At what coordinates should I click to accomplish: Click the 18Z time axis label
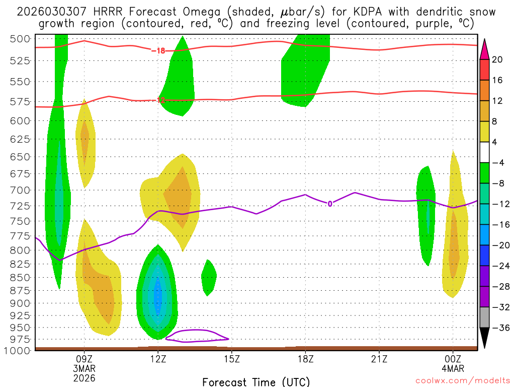pyautogui.click(x=305, y=359)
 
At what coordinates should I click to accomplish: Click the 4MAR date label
pyautogui.click(x=453, y=368)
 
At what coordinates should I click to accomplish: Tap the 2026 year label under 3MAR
pyautogui.click(x=84, y=377)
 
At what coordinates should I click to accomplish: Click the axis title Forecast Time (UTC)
pyautogui.click(x=256, y=382)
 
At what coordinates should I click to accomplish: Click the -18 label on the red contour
pyautogui.click(x=158, y=50)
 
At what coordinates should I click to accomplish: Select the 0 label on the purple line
pyautogui.click(x=330, y=204)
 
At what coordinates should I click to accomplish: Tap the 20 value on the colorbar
pyautogui.click(x=497, y=59)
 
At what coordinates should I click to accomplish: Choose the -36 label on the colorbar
pyautogui.click(x=499, y=328)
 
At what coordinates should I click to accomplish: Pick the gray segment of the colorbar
pyautogui.click(x=485, y=317)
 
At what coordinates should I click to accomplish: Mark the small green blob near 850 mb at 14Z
pyautogui.click(x=209, y=277)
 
